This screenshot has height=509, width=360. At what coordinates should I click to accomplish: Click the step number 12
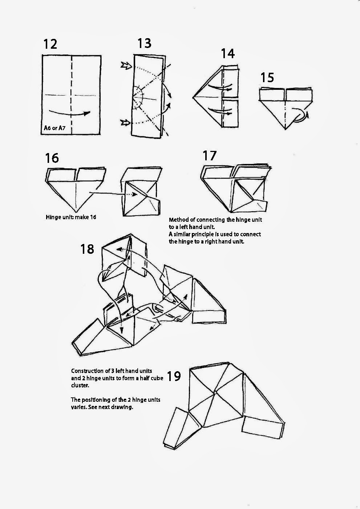[50, 44]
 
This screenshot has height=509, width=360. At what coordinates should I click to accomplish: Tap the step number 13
[144, 43]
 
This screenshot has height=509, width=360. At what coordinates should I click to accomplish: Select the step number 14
[228, 53]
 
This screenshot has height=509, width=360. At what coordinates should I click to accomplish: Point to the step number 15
[267, 77]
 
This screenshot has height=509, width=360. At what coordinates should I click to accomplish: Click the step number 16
[52, 158]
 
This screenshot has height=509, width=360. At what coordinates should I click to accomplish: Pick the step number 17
[210, 155]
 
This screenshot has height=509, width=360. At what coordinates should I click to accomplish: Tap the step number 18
[87, 249]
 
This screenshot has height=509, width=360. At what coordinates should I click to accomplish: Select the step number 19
[174, 376]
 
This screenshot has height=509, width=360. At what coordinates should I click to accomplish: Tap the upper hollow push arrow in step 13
[126, 66]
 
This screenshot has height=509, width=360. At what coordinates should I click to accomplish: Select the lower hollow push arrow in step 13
[126, 123]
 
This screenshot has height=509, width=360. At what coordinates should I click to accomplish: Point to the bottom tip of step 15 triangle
[286, 129]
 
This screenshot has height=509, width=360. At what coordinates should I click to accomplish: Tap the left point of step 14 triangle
[193, 97]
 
